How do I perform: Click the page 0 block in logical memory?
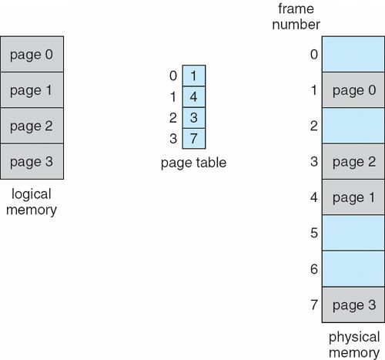[32, 54]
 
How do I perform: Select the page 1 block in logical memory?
[32, 90]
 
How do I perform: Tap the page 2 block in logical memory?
[32, 126]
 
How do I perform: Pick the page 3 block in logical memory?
[32, 161]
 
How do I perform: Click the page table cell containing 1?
[194, 76]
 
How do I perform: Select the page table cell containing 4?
[194, 97]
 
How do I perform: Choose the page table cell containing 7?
[194, 139]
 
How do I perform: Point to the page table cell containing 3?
[194, 118]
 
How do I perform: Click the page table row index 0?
[173, 76]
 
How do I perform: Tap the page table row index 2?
[173, 118]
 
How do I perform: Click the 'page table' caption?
[193, 163]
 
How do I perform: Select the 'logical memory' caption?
[32, 202]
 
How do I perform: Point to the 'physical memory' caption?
[354, 345]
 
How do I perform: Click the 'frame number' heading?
[296, 16]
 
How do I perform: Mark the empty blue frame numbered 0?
[353, 54]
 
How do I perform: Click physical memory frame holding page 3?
[353, 304]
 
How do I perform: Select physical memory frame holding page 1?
[353, 197]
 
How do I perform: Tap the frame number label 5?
[314, 233]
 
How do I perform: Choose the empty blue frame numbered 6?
[353, 269]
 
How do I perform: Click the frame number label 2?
[314, 126]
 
